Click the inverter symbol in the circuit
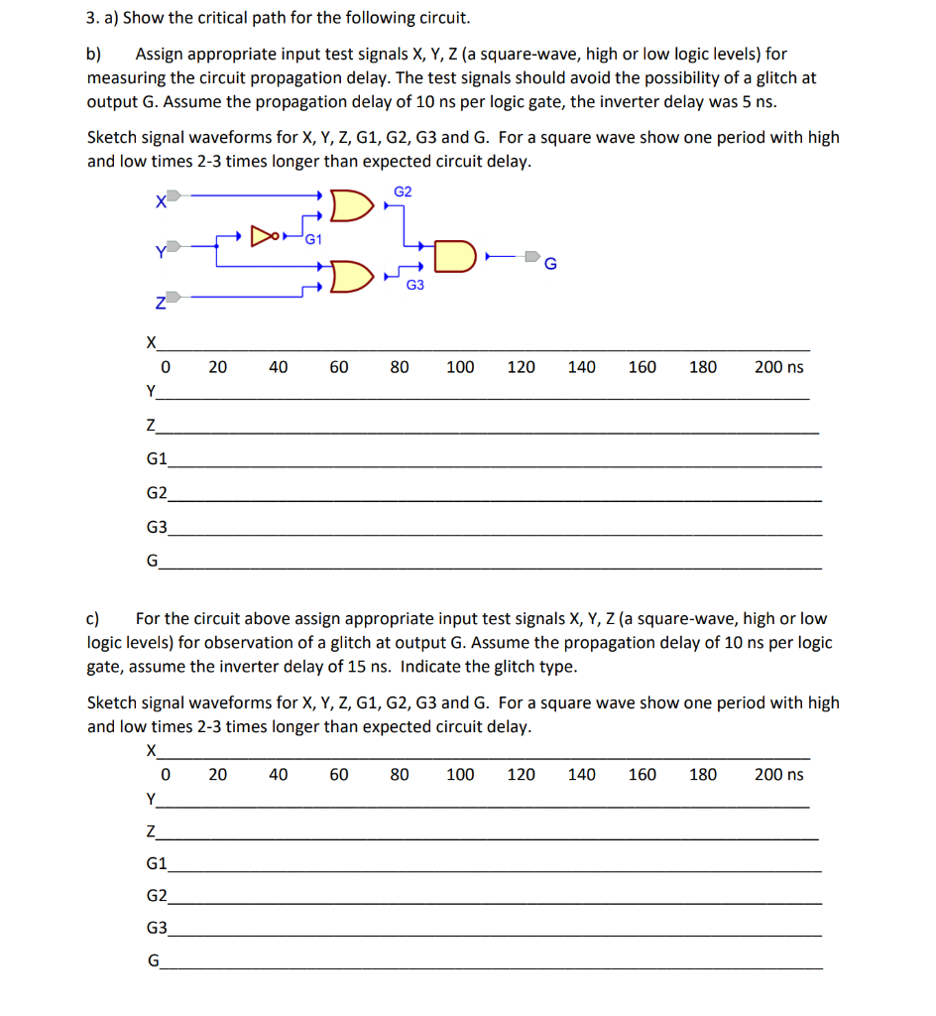(264, 236)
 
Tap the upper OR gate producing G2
(349, 205)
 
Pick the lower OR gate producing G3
(349, 276)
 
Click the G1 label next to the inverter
(312, 238)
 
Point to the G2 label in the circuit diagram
(403, 190)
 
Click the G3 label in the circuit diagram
(414, 286)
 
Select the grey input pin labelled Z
(173, 296)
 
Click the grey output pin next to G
(532, 257)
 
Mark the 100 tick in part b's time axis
(459, 367)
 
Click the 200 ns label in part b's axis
(778, 367)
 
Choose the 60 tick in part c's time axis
(338, 774)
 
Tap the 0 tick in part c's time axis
(166, 774)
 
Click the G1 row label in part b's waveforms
(156, 459)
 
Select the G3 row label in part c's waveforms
(156, 929)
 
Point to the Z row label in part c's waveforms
(150, 832)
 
